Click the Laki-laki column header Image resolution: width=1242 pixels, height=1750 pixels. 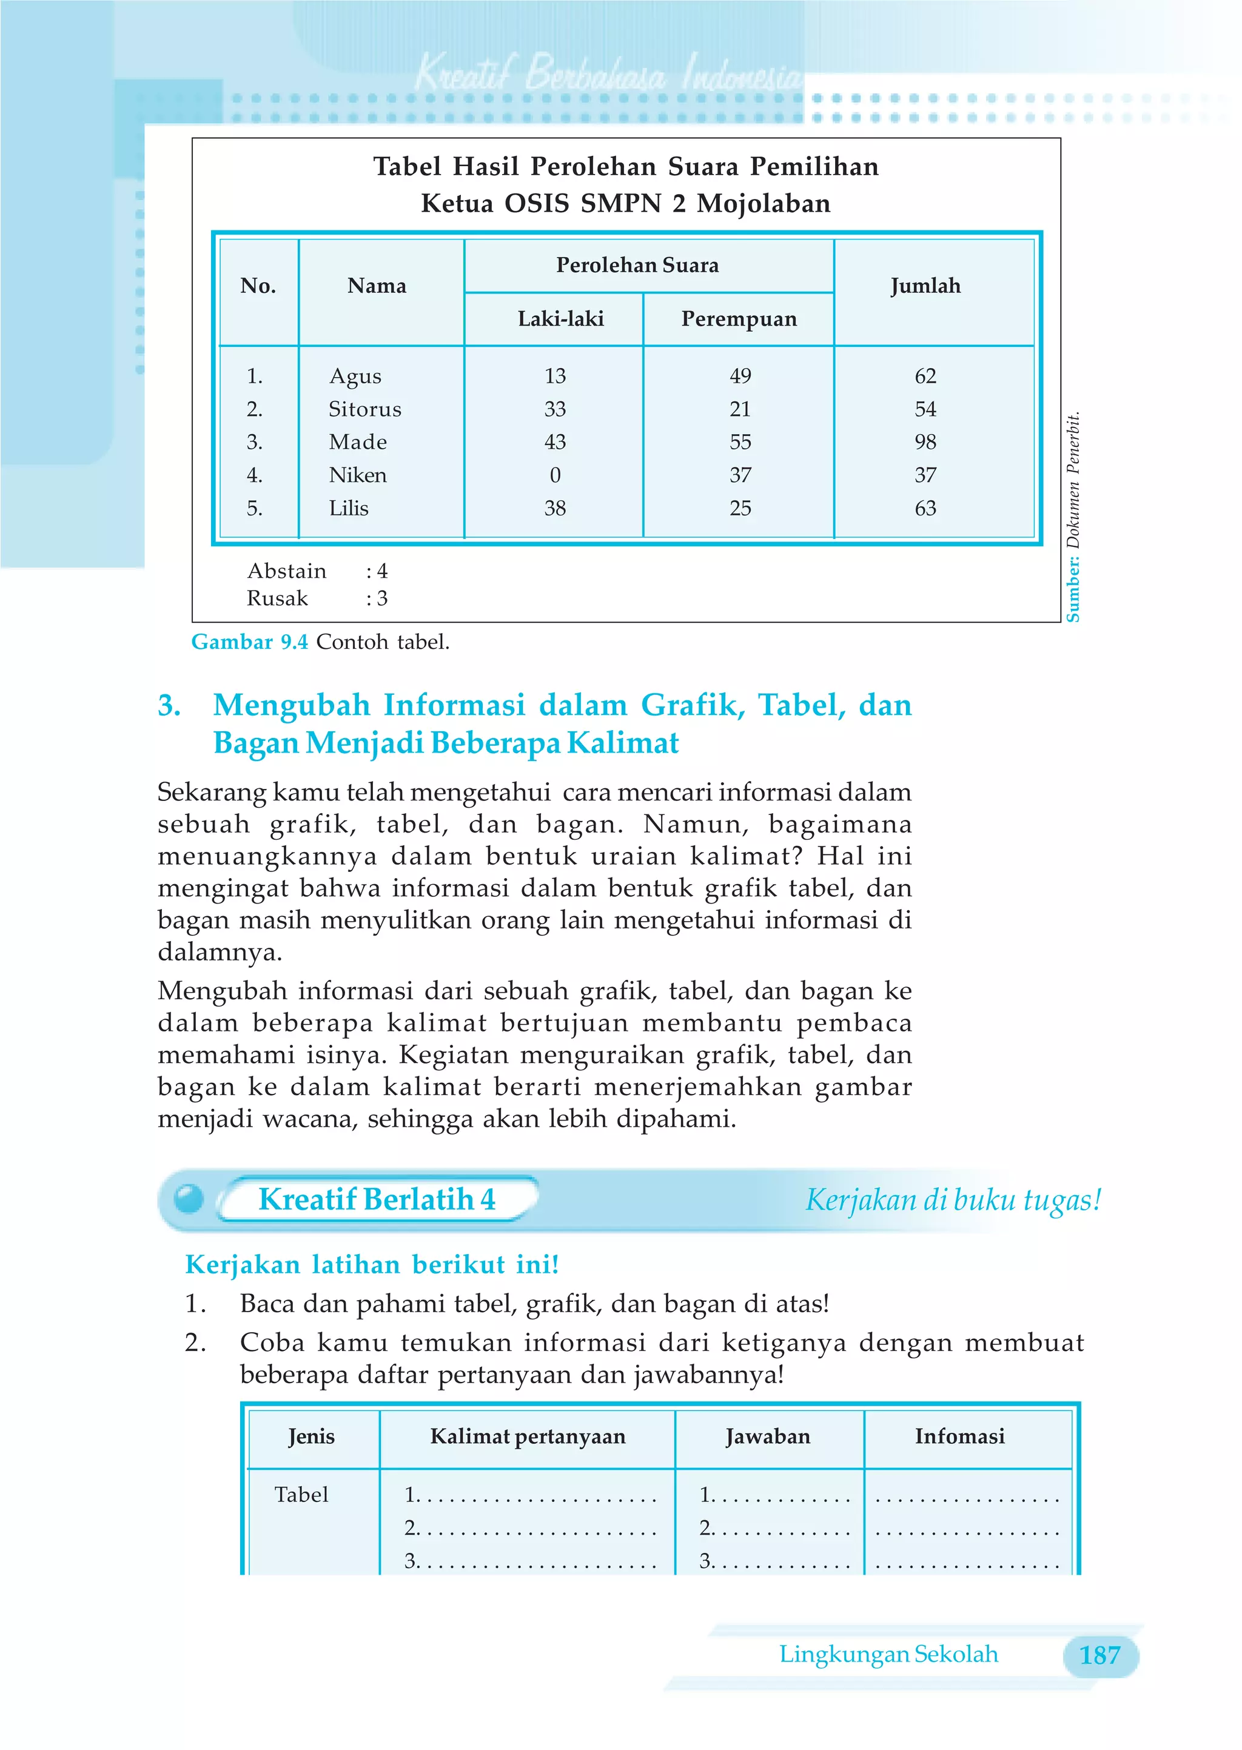pyautogui.click(x=560, y=319)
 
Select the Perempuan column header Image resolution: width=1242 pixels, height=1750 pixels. pyautogui.click(x=739, y=319)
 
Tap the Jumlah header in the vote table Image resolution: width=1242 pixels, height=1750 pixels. pyautogui.click(x=925, y=286)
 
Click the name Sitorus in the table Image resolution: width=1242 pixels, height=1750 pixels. pyautogui.click(x=365, y=409)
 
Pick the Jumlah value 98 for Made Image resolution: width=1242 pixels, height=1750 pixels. pyautogui.click(x=925, y=442)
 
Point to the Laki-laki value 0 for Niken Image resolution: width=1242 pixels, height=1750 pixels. pyautogui.click(x=556, y=475)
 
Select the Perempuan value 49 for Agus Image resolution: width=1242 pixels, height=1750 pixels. pyautogui.click(x=739, y=376)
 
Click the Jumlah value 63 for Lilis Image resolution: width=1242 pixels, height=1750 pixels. pyautogui.click(x=925, y=508)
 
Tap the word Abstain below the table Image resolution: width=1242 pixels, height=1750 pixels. pyautogui.click(x=287, y=571)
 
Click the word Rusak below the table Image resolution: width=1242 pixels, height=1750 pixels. pyautogui.click(x=277, y=598)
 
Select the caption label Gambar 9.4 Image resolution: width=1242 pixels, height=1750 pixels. pyautogui.click(x=249, y=642)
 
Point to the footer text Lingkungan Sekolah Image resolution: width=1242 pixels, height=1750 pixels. pyautogui.click(x=888, y=1654)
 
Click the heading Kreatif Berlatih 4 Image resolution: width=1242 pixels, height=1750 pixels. pyautogui.click(x=376, y=1199)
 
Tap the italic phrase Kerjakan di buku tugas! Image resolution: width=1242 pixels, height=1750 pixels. pyautogui.click(x=953, y=1199)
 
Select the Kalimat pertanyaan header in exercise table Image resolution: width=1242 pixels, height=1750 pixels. pyautogui.click(x=528, y=1436)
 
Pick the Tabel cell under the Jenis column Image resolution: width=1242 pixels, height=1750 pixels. pyautogui.click(x=301, y=1494)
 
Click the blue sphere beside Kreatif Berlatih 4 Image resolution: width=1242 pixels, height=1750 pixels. pyautogui.click(x=188, y=1198)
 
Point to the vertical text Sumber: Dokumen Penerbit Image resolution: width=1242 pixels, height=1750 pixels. pyautogui.click(x=1073, y=517)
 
